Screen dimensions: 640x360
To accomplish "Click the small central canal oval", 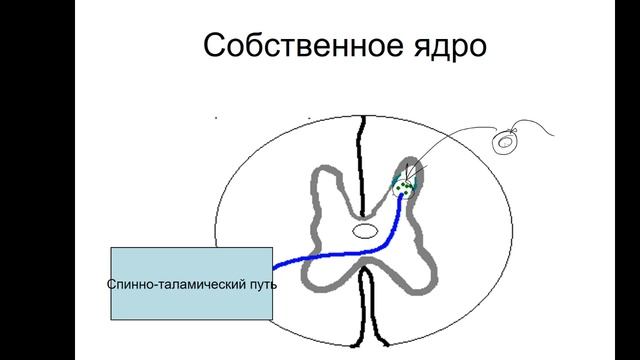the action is click(364, 231).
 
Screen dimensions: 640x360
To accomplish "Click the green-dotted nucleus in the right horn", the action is click(404, 185).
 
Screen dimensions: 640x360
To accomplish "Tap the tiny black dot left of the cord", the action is click(216, 118).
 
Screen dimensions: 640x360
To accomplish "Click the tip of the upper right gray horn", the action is click(411, 162).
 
